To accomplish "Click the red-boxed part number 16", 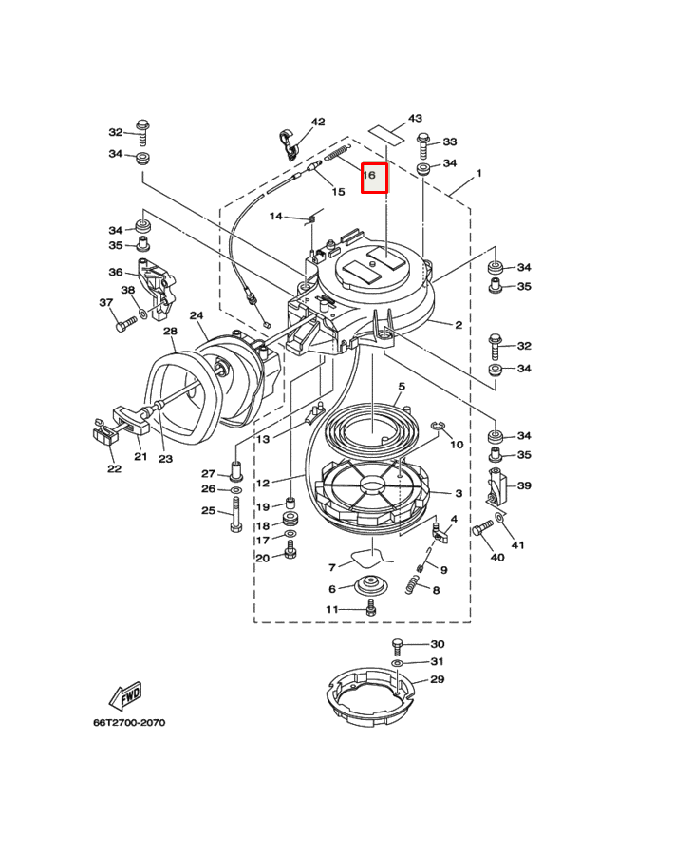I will click(x=374, y=177).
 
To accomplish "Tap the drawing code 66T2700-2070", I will click(x=129, y=723).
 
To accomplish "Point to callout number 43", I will click(x=415, y=119).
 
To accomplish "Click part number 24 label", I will click(x=197, y=316).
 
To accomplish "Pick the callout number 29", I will click(x=438, y=679).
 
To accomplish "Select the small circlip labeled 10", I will click(x=439, y=427).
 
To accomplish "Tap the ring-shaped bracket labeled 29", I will click(x=371, y=698).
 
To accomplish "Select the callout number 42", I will click(x=318, y=122).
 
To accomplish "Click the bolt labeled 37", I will click(x=123, y=324).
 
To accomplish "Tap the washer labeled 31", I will click(x=398, y=661).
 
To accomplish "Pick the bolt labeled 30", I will click(x=398, y=646).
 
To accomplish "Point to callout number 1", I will click(x=479, y=174).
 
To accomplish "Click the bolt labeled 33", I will click(x=422, y=144).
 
